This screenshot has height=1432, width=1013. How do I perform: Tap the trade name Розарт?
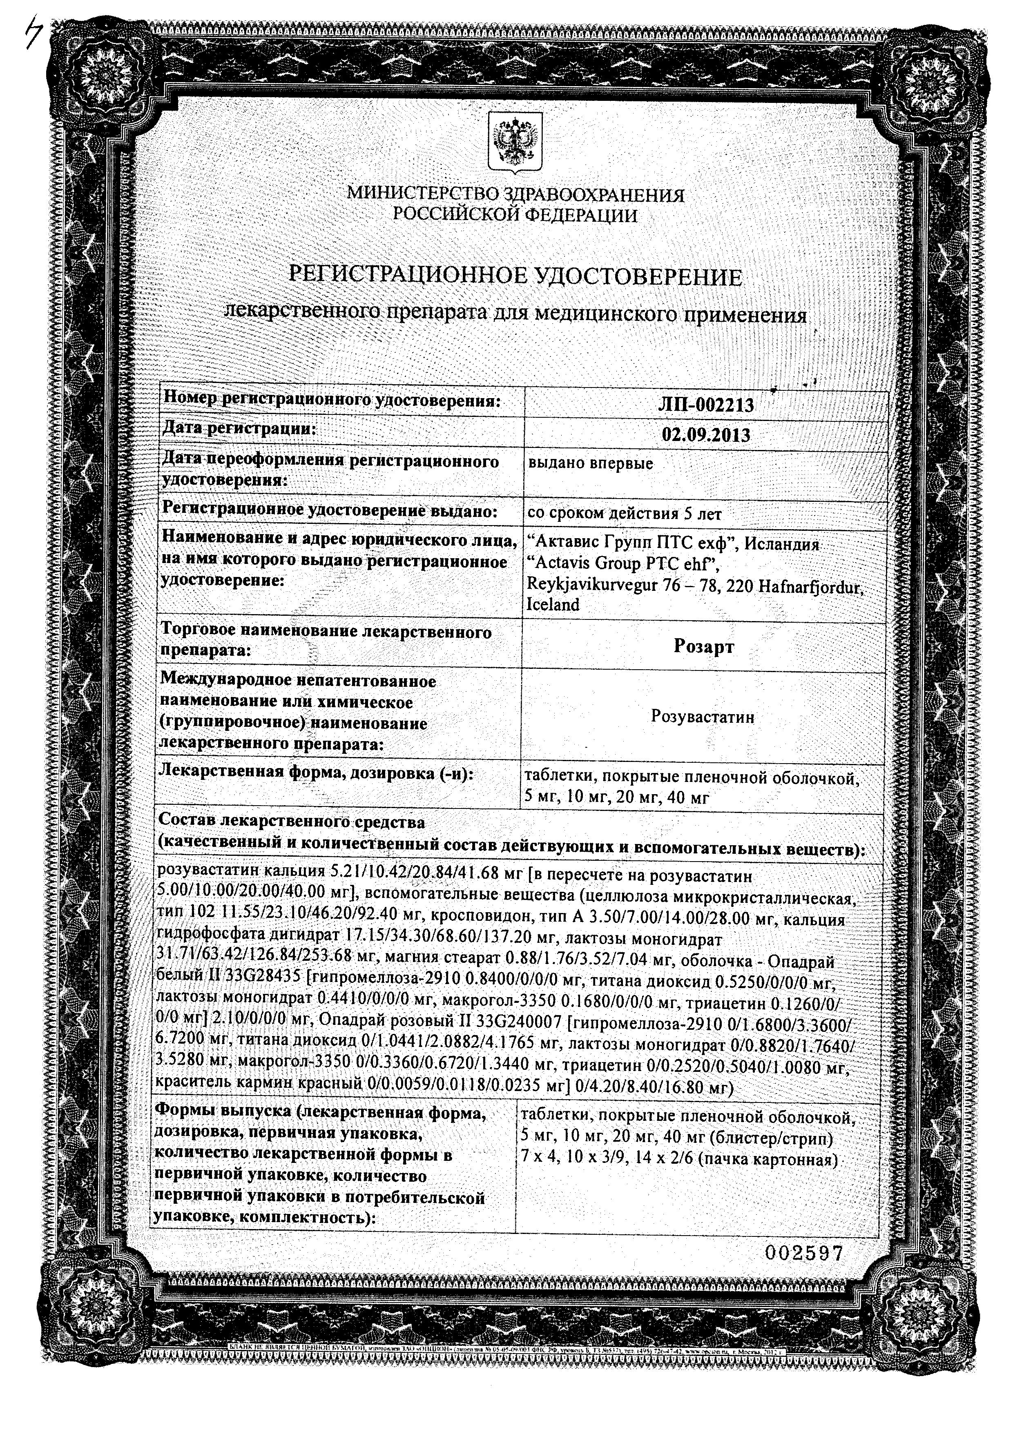(x=704, y=647)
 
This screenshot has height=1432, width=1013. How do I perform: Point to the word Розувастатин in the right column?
(x=703, y=717)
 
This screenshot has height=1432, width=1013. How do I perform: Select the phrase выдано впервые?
(x=590, y=463)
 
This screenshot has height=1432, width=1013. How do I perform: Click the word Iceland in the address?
(x=553, y=604)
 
